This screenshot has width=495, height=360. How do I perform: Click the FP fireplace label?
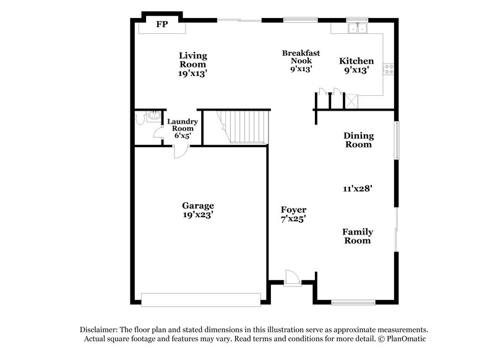(x=162, y=25)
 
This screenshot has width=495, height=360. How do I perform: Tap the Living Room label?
(x=193, y=59)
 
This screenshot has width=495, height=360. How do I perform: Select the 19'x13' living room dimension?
(x=193, y=72)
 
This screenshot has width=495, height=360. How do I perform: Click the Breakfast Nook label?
(x=301, y=57)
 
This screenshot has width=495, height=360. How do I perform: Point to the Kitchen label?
(x=356, y=61)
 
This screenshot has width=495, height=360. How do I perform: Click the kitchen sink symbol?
(x=357, y=28)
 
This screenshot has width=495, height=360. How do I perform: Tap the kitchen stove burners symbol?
(x=389, y=69)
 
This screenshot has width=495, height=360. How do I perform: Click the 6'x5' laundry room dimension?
(x=183, y=135)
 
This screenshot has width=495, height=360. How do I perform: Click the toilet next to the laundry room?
(x=151, y=117)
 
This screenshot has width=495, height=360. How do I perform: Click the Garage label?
(x=198, y=205)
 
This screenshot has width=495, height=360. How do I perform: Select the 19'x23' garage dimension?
(x=198, y=215)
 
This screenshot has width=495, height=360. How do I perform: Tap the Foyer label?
(x=293, y=210)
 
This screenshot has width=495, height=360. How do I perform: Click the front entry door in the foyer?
(x=291, y=278)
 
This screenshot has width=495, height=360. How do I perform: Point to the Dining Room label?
(x=358, y=140)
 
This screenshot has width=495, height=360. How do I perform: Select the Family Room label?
(x=358, y=236)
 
